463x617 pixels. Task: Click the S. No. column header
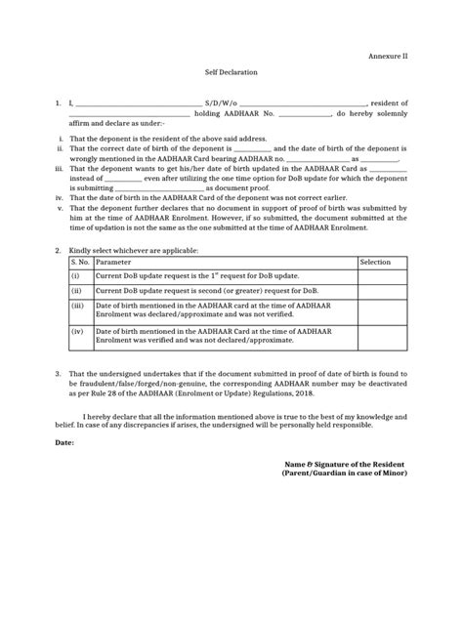point(80,263)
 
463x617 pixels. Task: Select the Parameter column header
point(116,263)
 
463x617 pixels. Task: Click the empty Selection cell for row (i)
point(382,277)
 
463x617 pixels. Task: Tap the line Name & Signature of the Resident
point(344,463)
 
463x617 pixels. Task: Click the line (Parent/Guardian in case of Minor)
point(344,473)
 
